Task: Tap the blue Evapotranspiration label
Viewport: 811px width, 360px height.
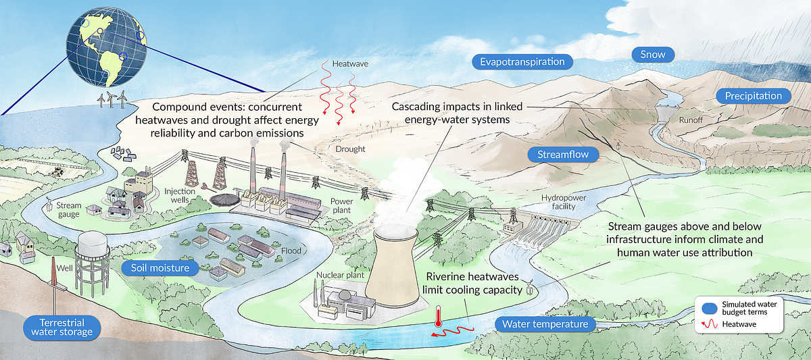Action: pos(522,62)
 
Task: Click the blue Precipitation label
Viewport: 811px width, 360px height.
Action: pos(753,96)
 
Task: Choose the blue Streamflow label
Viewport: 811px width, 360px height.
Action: pos(563,155)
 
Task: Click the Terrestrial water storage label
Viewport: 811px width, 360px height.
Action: pos(61,326)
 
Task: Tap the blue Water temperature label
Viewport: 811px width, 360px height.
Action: pos(545,325)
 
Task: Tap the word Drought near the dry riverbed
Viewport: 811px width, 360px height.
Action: pos(349,149)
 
